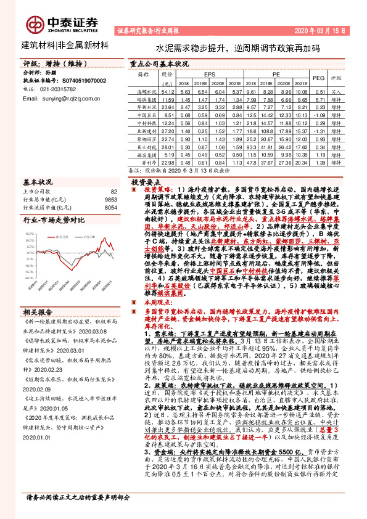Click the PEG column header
(319, 79)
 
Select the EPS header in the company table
(209, 73)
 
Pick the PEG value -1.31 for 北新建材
(319, 131)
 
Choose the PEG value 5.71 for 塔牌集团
(319, 99)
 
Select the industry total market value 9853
(110, 200)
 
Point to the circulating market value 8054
(110, 208)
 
